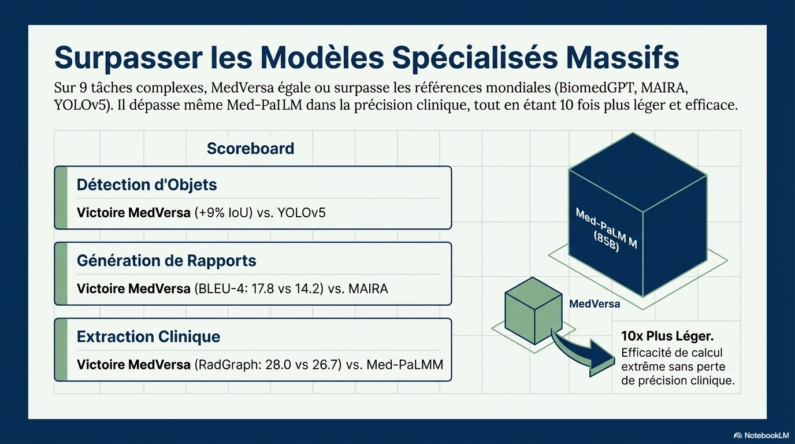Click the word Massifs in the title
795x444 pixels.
622,58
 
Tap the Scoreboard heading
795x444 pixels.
251,149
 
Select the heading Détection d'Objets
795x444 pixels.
147,184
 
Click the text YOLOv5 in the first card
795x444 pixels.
302,212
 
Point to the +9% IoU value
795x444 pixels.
224,212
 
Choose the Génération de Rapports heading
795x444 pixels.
166,261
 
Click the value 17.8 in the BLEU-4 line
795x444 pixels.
263,288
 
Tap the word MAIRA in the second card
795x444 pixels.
369,288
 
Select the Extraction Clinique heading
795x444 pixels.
148,336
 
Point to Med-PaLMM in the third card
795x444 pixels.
405,364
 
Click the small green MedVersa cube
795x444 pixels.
533,310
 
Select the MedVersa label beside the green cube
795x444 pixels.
595,304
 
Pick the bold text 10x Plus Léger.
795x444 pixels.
667,336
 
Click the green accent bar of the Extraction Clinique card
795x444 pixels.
61,350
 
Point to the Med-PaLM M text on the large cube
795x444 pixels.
606,228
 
